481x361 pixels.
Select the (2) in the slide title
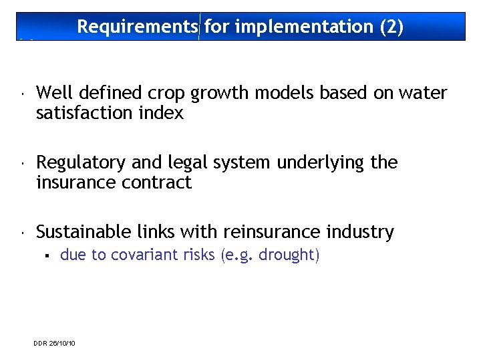pos(391,27)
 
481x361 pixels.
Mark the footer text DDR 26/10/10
pos(54,343)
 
